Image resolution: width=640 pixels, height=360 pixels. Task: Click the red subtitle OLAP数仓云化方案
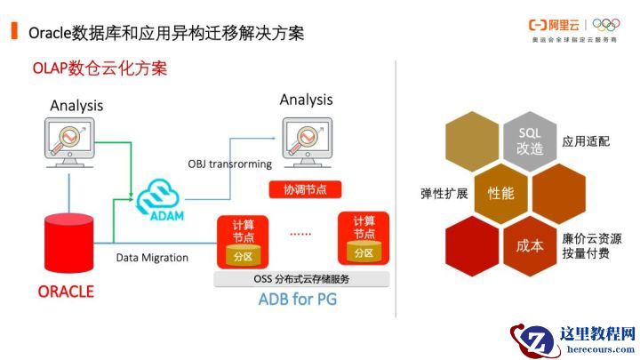(100, 68)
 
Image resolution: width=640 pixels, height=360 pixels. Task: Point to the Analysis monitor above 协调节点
(306, 137)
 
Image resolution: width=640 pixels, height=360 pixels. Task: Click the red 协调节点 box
(304, 189)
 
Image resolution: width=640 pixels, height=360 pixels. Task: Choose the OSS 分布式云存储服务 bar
(302, 278)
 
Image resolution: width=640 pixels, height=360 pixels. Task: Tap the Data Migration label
(152, 258)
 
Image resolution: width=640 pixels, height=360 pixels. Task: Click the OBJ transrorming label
(229, 164)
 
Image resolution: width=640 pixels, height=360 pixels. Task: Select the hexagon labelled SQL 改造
(530, 140)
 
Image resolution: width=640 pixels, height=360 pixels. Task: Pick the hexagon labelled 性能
(500, 192)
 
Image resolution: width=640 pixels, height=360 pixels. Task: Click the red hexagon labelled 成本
(529, 245)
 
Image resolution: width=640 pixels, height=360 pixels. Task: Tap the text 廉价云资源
(591, 238)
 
